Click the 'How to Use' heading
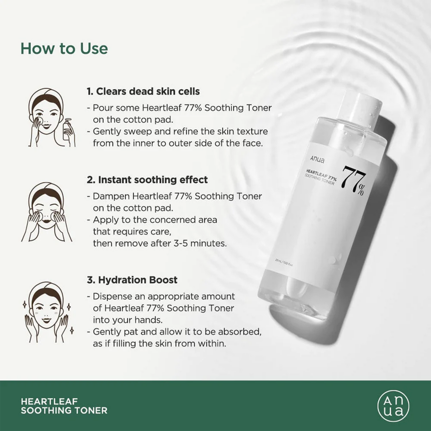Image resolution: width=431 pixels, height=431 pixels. [x=64, y=49]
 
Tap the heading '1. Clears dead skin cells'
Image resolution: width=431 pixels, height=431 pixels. [x=143, y=91]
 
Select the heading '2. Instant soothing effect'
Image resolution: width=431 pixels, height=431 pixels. [x=147, y=180]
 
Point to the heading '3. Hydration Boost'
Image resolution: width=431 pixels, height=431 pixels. [x=132, y=280]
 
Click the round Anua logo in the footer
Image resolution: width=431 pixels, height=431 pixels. [x=393, y=406]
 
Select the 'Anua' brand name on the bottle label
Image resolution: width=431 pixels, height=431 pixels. [x=317, y=159]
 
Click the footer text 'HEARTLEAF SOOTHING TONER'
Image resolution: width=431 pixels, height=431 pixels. [x=64, y=406]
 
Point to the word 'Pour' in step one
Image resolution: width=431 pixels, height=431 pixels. [x=101, y=108]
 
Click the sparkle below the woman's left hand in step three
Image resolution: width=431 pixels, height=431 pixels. [x=72, y=330]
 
